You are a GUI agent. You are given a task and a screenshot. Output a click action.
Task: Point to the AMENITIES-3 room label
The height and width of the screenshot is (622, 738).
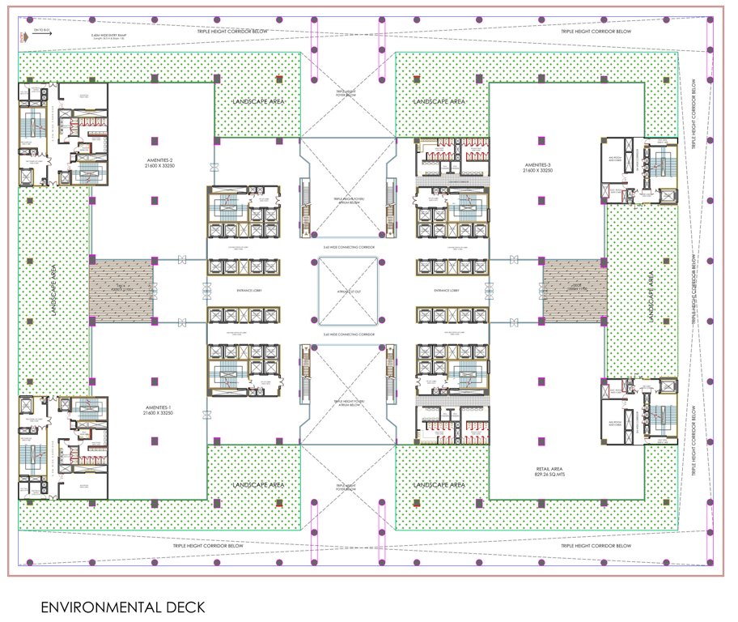click(x=537, y=168)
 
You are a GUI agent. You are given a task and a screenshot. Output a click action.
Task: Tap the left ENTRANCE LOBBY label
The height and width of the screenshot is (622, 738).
click(x=244, y=290)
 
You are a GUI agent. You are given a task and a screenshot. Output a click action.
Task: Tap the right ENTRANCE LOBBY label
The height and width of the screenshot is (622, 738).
click(x=447, y=290)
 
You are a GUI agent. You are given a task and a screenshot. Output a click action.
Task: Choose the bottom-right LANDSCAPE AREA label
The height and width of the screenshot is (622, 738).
click(x=439, y=484)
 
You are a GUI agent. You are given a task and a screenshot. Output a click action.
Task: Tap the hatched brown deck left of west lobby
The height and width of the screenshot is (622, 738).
click(x=121, y=290)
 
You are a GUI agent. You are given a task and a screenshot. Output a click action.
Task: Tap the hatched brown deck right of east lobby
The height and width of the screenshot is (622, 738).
click(x=575, y=290)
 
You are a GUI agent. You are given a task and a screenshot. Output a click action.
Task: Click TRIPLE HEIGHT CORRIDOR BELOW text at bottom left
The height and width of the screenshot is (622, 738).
click(x=208, y=546)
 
